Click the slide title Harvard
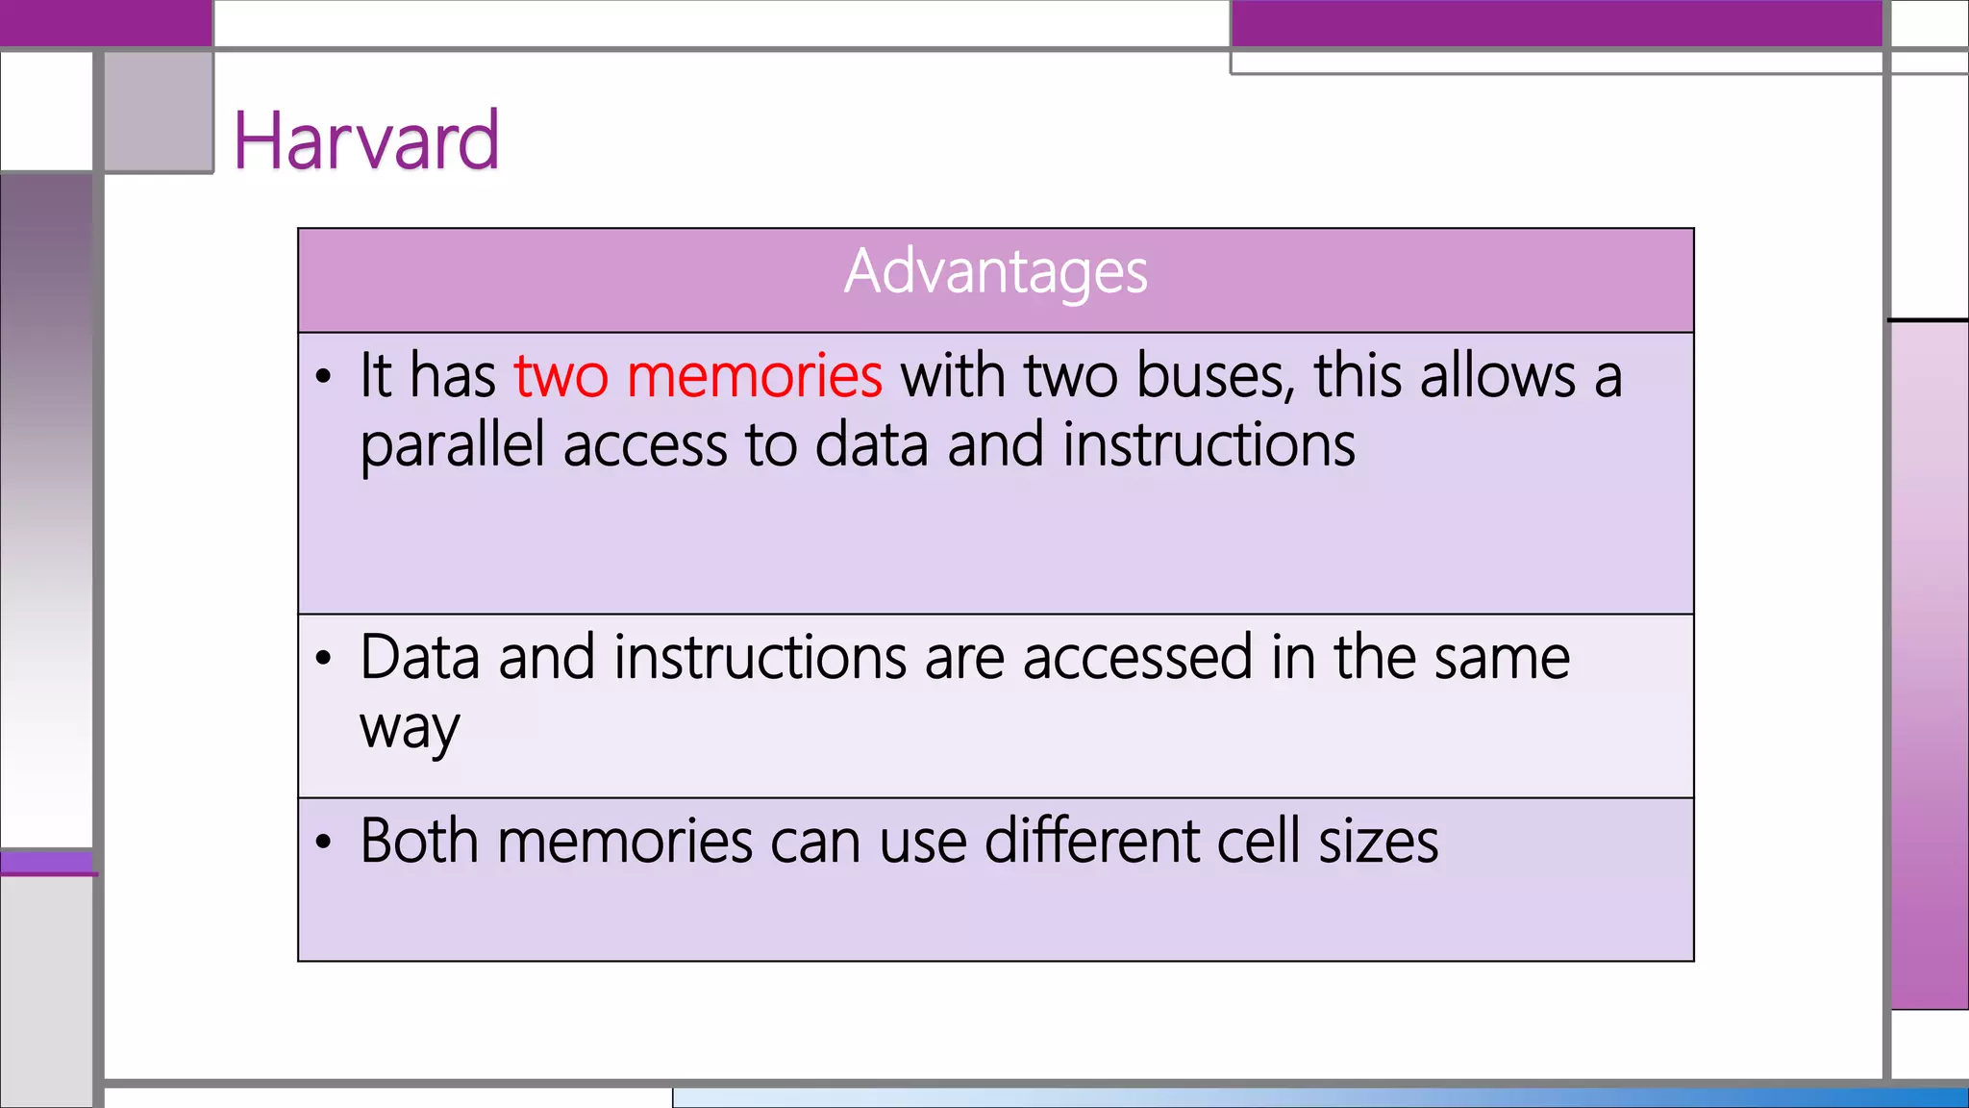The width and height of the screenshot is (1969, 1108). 366,141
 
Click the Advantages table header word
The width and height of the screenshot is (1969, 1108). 995,271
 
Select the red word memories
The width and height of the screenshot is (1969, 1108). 754,375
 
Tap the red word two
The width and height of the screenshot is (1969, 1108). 561,375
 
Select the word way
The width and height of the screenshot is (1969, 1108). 410,729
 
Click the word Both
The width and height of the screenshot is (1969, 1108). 419,842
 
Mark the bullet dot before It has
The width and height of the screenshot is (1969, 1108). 324,377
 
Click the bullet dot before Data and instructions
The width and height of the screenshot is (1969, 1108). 324,660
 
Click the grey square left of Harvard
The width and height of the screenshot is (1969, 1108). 159,112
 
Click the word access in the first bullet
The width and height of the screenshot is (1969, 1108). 645,446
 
